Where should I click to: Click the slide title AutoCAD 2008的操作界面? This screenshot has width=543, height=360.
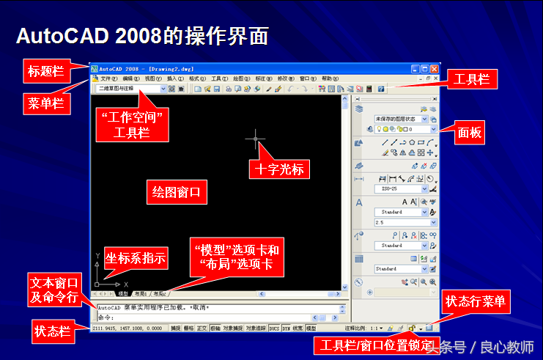(x=142, y=35)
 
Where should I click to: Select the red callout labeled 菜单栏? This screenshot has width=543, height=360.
(x=45, y=103)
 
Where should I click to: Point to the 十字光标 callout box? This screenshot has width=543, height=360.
(x=278, y=169)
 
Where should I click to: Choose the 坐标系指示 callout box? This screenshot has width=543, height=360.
(x=136, y=257)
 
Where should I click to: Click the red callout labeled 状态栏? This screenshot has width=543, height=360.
(x=52, y=330)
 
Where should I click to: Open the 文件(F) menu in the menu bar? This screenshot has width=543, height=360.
(x=108, y=78)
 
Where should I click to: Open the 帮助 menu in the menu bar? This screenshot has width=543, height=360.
(x=328, y=78)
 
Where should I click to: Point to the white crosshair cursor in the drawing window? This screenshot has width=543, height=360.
(x=256, y=137)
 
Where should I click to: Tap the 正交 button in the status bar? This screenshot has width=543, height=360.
(x=202, y=329)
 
